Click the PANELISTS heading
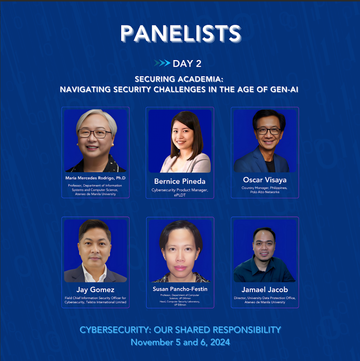180,34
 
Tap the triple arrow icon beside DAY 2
162,63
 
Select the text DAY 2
187,64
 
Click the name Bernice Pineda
180,181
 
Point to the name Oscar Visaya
265,179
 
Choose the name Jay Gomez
95,290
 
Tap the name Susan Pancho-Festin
180,289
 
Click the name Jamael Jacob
265,289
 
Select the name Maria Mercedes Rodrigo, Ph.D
95,178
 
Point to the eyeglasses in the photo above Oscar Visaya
269,131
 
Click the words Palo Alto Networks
265,192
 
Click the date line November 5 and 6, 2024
180,342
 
